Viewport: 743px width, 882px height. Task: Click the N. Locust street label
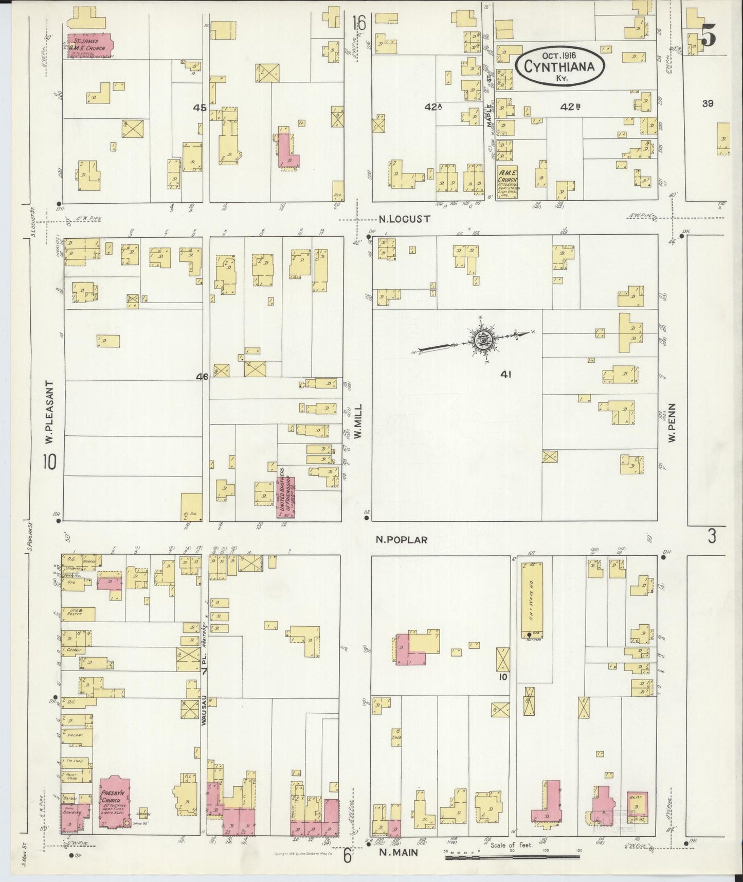tap(404, 219)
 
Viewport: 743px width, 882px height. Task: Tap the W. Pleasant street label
tap(49, 415)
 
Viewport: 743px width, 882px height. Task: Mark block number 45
tap(200, 108)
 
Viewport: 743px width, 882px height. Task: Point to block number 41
tap(505, 375)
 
